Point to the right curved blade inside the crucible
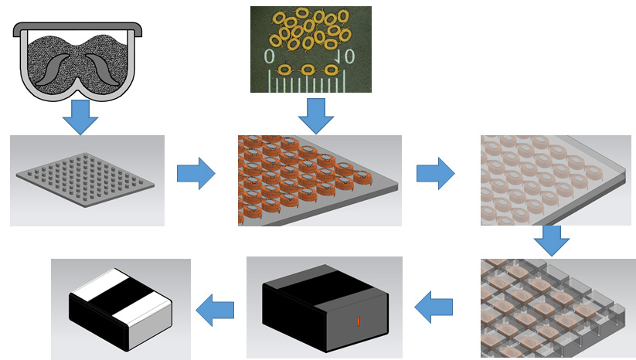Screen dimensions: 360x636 [x=102, y=70]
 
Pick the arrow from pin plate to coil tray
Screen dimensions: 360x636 [x=196, y=173]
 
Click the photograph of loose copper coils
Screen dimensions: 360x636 [x=311, y=49]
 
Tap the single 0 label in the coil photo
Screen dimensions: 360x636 [x=269, y=56]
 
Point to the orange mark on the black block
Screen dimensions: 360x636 [x=357, y=320]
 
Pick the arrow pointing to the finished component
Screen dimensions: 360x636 [x=215, y=309]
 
